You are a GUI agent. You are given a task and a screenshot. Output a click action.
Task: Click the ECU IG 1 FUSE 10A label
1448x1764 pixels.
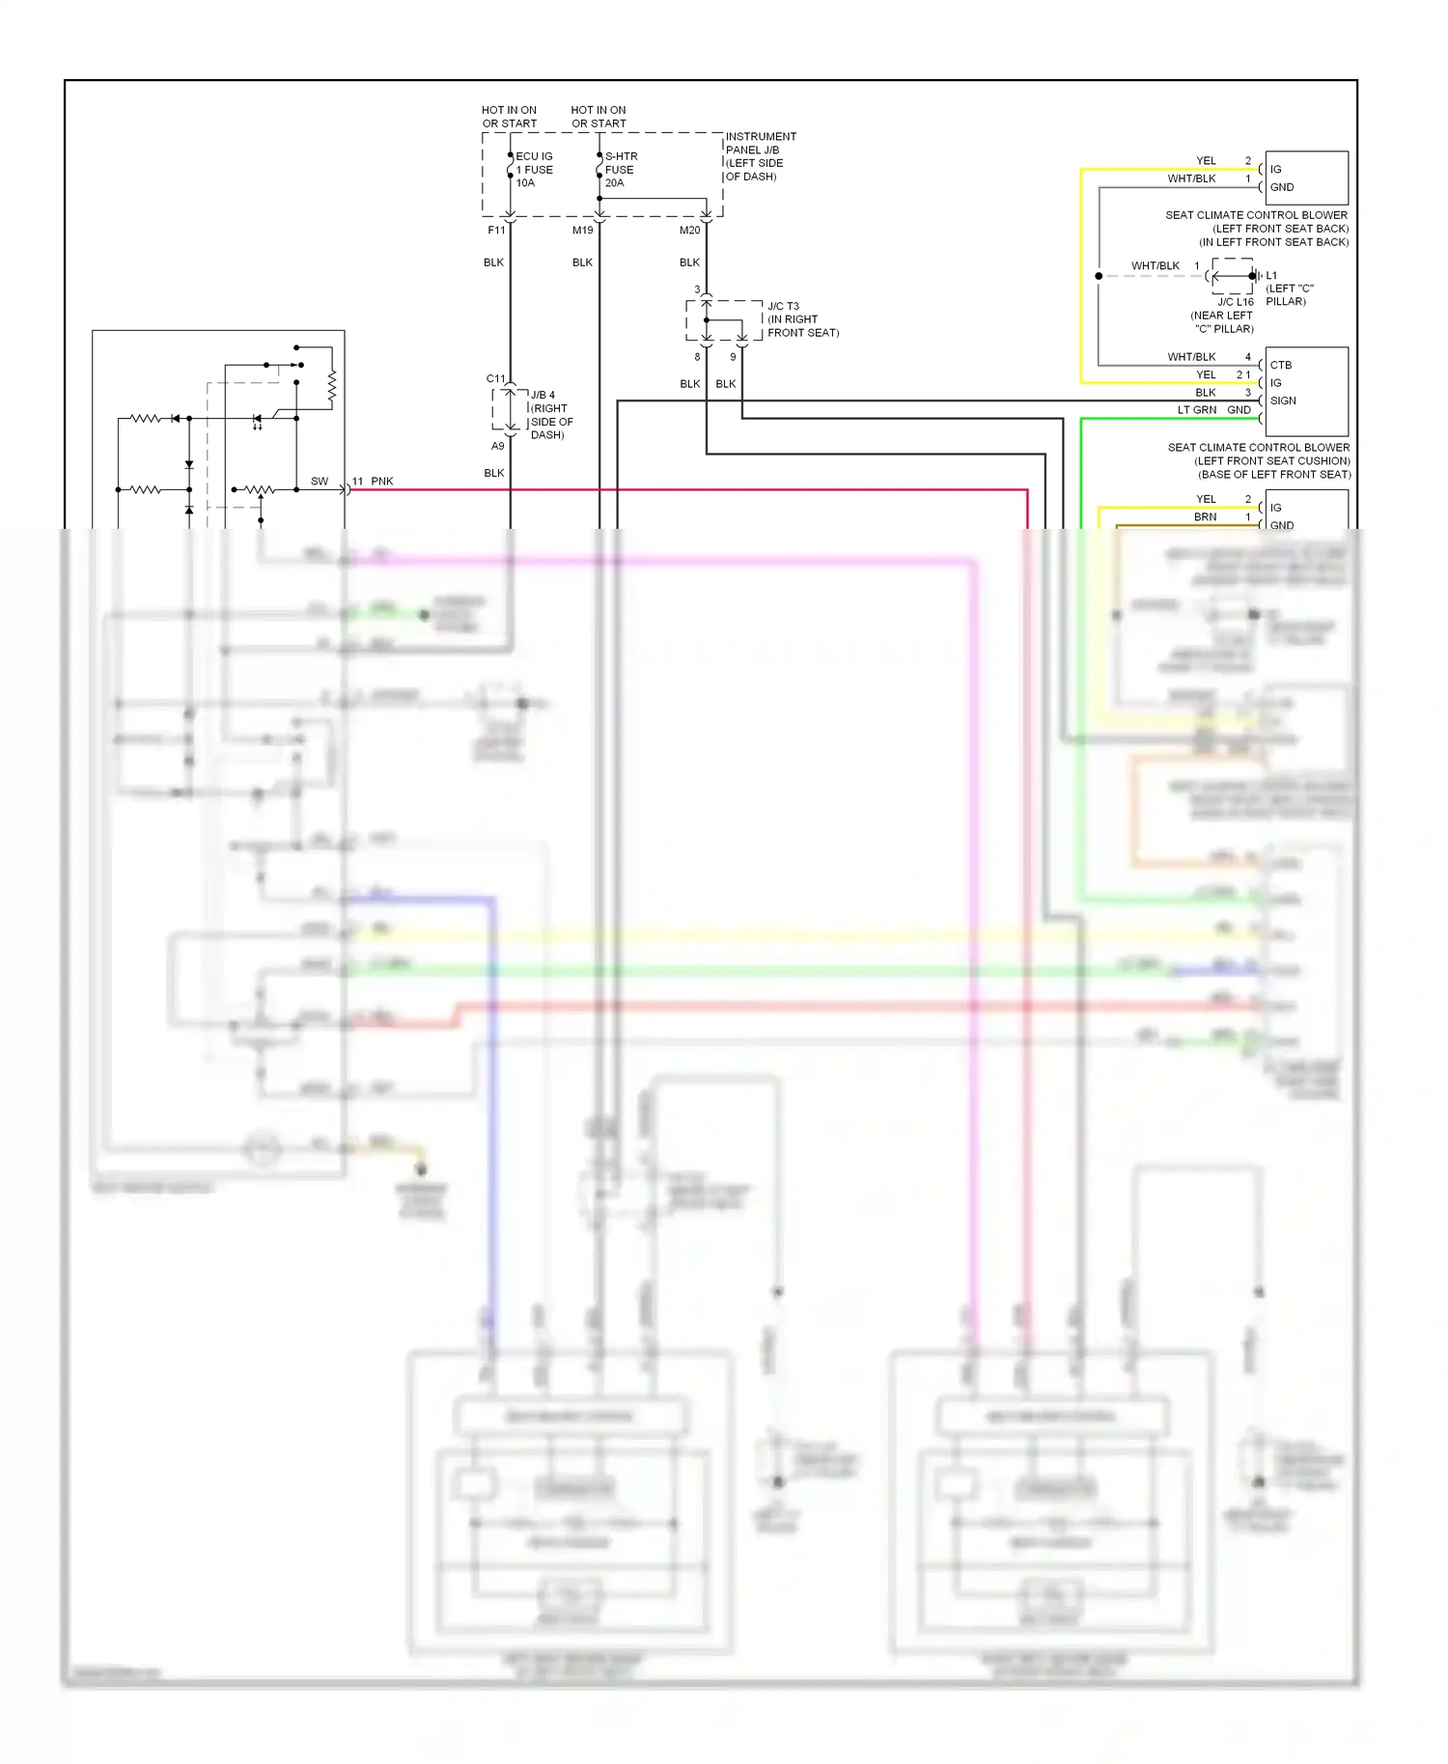pyautogui.click(x=534, y=170)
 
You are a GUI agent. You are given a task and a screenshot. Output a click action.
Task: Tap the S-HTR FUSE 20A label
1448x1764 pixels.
pyautogui.click(x=621, y=170)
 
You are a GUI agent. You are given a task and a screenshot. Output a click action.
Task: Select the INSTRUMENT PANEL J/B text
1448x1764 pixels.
pyautogui.click(x=761, y=143)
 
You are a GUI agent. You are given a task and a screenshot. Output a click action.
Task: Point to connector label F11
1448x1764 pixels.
pyautogui.click(x=496, y=231)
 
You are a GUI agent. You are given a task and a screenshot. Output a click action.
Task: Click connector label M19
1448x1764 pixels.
pyautogui.click(x=582, y=231)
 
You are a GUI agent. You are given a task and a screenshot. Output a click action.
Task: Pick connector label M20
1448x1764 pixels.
pyautogui.click(x=689, y=231)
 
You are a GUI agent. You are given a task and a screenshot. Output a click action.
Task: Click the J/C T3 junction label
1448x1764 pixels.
pyautogui.click(x=783, y=307)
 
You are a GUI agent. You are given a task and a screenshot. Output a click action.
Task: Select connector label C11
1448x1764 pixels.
pyautogui.click(x=495, y=379)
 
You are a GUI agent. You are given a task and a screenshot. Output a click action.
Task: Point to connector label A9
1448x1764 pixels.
pyautogui.click(x=497, y=447)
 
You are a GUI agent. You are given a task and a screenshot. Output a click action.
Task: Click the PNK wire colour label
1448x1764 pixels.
pyautogui.click(x=382, y=482)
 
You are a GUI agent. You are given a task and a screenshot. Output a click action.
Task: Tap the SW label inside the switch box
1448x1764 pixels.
pyautogui.click(x=319, y=482)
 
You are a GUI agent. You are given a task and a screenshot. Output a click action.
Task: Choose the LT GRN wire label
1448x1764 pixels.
pyautogui.click(x=1196, y=410)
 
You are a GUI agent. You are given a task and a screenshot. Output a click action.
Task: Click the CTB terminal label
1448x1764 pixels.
pyautogui.click(x=1280, y=365)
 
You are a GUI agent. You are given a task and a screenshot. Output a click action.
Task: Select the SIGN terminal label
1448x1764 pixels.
pyautogui.click(x=1283, y=400)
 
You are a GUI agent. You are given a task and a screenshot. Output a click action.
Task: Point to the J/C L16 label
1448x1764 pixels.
pyautogui.click(x=1235, y=302)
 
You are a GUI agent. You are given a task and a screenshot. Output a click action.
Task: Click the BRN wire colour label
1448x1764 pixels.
pyautogui.click(x=1205, y=517)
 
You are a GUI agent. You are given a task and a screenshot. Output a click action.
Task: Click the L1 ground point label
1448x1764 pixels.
pyautogui.click(x=1271, y=276)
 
